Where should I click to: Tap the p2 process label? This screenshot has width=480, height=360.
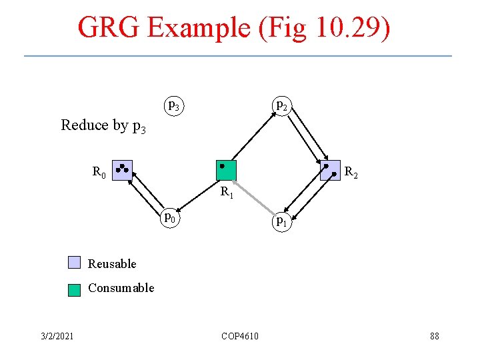pyautogui.click(x=282, y=105)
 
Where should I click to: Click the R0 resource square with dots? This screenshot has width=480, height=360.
pyautogui.click(x=123, y=170)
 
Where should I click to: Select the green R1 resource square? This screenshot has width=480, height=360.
pyautogui.click(x=227, y=170)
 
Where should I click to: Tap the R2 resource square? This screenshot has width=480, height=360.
pyautogui.click(x=330, y=170)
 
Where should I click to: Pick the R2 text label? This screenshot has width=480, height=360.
pyautogui.click(x=351, y=175)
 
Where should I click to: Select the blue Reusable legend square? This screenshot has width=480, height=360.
pyautogui.click(x=74, y=263)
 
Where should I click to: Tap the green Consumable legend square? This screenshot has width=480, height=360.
pyautogui.click(x=74, y=289)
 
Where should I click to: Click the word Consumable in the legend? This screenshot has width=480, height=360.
pyautogui.click(x=121, y=288)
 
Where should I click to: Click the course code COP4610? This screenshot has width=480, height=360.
pyautogui.click(x=240, y=335)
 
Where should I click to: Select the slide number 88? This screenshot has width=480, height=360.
pyautogui.click(x=434, y=335)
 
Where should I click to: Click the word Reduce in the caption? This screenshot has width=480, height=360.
pyautogui.click(x=85, y=125)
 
